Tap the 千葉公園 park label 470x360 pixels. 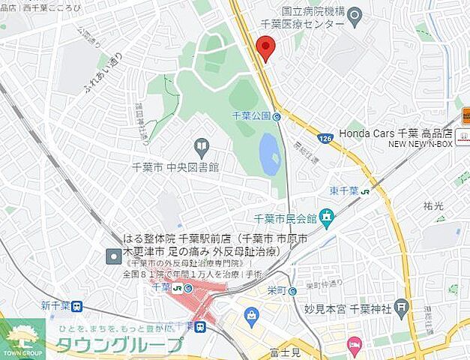click(251, 116)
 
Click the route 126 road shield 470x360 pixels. click(324, 137)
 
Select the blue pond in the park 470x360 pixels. click(270, 154)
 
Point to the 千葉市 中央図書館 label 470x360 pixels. click(175, 167)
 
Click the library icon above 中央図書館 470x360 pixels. click(201, 145)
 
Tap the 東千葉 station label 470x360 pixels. click(345, 190)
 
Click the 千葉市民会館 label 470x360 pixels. click(286, 218)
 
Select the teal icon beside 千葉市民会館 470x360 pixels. click(326, 217)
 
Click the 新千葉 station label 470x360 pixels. click(55, 305)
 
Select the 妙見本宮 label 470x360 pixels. click(325, 307)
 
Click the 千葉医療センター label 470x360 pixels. click(313, 24)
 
